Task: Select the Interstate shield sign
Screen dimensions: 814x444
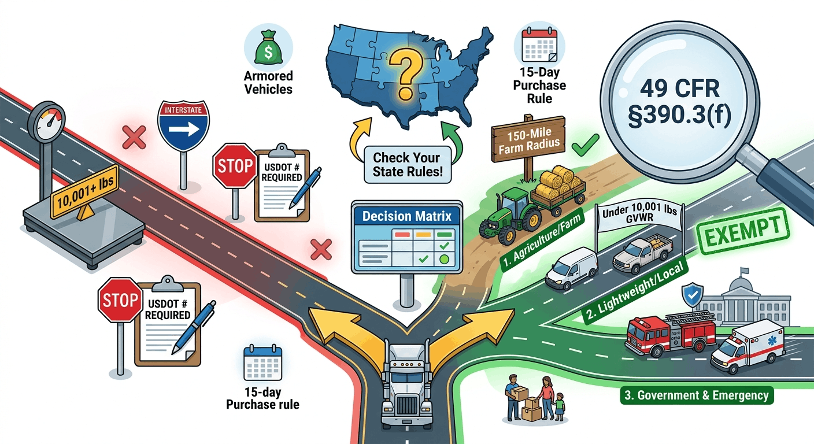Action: (183, 125)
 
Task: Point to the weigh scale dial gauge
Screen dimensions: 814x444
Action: (46, 122)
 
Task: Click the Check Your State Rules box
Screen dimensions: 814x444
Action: (408, 165)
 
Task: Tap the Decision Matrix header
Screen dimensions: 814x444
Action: (406, 216)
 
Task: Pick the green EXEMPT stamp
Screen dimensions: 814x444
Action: (743, 231)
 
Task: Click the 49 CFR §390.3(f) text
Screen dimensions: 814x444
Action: (679, 103)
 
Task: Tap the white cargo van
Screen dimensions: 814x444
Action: (572, 268)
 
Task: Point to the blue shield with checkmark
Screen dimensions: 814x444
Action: (692, 295)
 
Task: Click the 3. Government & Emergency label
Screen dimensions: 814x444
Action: (697, 395)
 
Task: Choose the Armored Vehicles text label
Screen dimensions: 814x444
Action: (268, 83)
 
